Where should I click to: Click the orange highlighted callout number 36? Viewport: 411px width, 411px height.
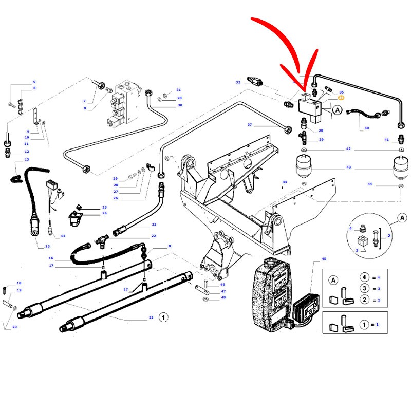tap(341, 97)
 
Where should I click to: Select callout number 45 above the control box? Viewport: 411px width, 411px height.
tap(324, 259)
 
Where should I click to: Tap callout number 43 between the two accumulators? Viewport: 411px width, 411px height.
tap(348, 167)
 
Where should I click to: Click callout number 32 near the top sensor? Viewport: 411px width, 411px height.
tap(238, 82)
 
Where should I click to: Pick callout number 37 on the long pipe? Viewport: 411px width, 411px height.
tap(250, 125)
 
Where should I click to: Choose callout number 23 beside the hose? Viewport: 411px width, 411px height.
tap(154, 225)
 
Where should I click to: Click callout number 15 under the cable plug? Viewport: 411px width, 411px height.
tap(41, 247)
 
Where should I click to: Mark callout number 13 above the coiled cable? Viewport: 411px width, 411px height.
tap(20, 160)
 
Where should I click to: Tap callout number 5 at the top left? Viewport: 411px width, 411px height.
tap(34, 82)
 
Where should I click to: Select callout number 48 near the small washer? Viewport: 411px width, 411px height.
tap(223, 297)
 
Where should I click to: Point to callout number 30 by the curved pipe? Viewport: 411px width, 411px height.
tap(180, 105)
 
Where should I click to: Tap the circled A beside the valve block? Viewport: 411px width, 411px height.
tap(337, 109)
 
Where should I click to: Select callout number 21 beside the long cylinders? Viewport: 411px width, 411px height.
tap(151, 317)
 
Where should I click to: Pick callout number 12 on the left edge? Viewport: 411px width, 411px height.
tap(27, 152)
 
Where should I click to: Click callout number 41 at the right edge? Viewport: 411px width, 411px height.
tap(387, 140)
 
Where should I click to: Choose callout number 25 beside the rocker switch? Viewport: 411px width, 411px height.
tap(104, 207)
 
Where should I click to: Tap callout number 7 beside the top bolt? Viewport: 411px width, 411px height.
tap(84, 101)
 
